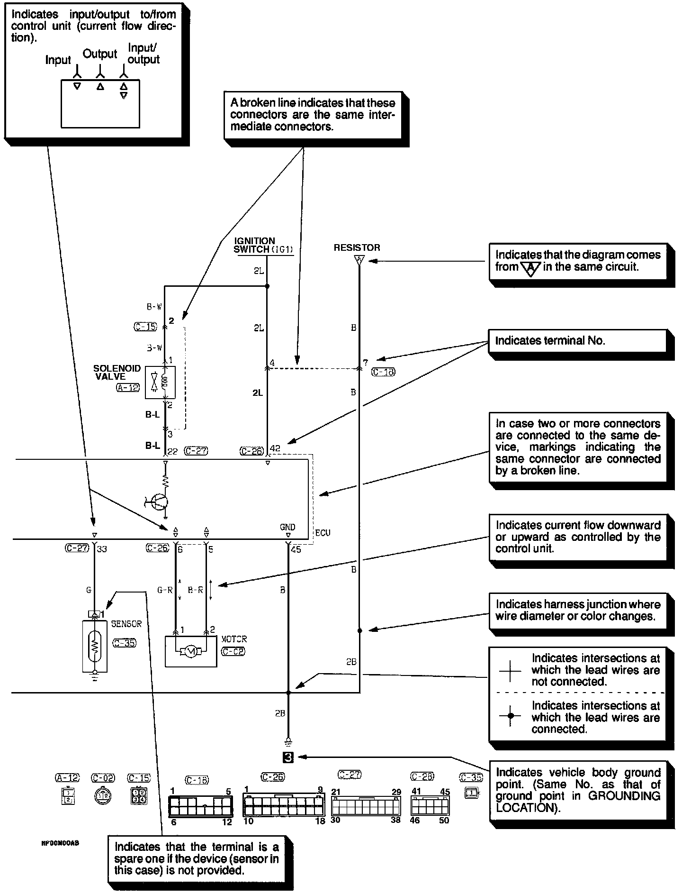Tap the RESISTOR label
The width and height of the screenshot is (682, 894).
click(357, 247)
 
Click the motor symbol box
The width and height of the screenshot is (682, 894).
click(190, 652)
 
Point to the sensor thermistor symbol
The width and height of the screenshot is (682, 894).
click(95, 645)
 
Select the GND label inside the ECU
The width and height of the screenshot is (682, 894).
click(287, 527)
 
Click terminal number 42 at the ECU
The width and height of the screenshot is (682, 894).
click(275, 449)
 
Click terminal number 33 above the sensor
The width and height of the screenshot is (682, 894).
click(102, 549)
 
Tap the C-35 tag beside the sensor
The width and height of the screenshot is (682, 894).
click(125, 643)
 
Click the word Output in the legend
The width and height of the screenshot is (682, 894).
click(99, 54)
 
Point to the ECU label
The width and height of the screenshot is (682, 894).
click(323, 533)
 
